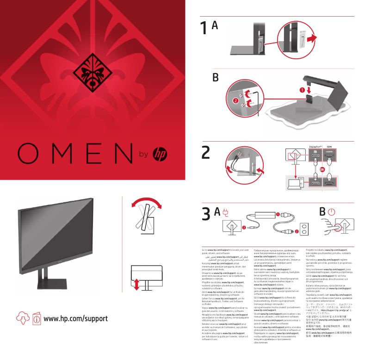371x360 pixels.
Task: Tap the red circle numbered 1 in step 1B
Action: coord(303,89)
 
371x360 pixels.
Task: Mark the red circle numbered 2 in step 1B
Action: coord(235,100)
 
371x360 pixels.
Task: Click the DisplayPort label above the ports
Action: coord(315,145)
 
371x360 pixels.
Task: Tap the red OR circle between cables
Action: coord(322,170)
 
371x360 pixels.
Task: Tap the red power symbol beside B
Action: coord(331,212)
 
